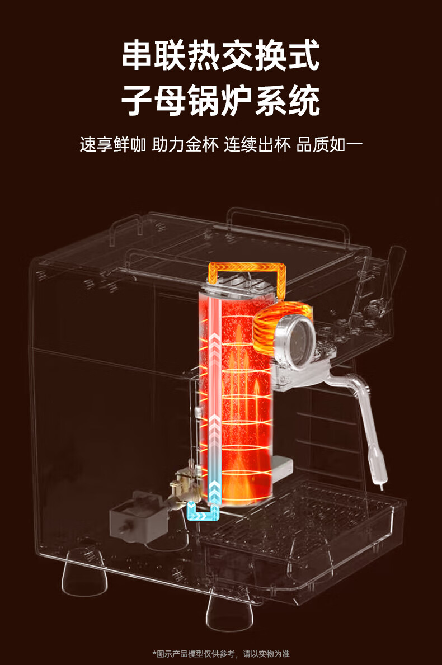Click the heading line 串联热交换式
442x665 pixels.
pyautogui.click(x=220, y=55)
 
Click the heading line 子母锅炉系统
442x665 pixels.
pyautogui.click(x=220, y=101)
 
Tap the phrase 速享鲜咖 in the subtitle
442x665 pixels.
pyautogui.click(x=112, y=145)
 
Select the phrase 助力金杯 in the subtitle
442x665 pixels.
pyautogui.click(x=185, y=145)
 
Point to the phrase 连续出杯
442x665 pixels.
pyautogui.click(x=257, y=145)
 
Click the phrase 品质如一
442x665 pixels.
pyautogui.click(x=330, y=145)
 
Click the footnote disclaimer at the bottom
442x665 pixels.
pyautogui.click(x=220, y=654)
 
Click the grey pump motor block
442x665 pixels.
pyautogui.click(x=134, y=518)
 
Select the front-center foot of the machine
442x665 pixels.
pyautogui.click(x=229, y=611)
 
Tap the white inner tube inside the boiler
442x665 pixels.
pyautogui.click(x=215, y=390)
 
